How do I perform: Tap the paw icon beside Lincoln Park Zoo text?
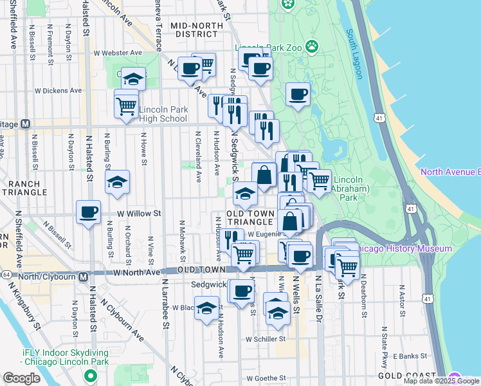click(312, 46)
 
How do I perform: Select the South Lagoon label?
click(354, 54)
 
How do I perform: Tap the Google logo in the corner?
click(21, 378)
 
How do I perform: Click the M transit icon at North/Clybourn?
click(83, 277)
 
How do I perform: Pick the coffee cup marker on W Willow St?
click(89, 212)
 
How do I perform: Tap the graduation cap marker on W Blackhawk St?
click(207, 308)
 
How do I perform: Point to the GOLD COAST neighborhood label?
click(403, 375)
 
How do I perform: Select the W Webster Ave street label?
click(117, 53)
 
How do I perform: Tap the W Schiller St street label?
click(264, 339)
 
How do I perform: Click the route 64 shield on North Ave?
click(5, 274)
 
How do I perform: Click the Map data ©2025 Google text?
click(440, 381)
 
